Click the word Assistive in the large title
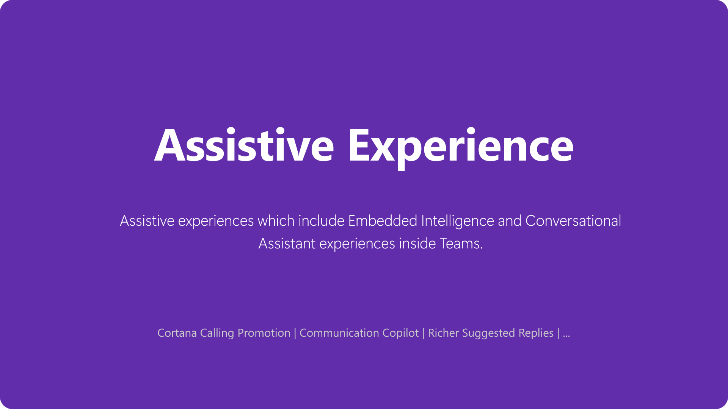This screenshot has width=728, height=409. point(244,146)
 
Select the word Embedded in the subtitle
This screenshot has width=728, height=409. point(383,221)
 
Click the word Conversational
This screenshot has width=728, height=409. point(573,221)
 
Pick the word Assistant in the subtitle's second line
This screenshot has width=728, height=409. point(287,244)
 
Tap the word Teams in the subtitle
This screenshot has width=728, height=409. point(461,244)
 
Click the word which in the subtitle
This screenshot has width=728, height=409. point(276,221)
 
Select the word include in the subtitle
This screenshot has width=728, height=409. point(321,221)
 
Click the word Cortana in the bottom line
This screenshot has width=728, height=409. point(177,333)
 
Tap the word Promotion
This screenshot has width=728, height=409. point(264,333)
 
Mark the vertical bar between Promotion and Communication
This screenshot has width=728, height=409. point(295,333)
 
